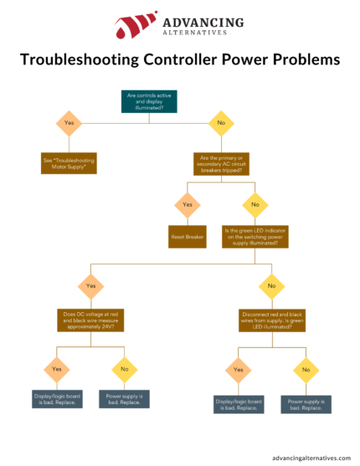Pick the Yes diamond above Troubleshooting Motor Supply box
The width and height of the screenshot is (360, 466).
(69, 124)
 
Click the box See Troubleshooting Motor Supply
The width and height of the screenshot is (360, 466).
(69, 161)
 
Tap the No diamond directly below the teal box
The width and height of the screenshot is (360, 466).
(221, 124)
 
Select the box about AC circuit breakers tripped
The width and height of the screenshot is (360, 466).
(221, 161)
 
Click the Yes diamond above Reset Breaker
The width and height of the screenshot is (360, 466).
(187, 203)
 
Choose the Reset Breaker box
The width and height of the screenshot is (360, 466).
(187, 237)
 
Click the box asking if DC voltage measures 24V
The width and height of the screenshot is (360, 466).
(90, 320)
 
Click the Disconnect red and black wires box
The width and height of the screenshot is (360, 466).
(270, 320)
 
